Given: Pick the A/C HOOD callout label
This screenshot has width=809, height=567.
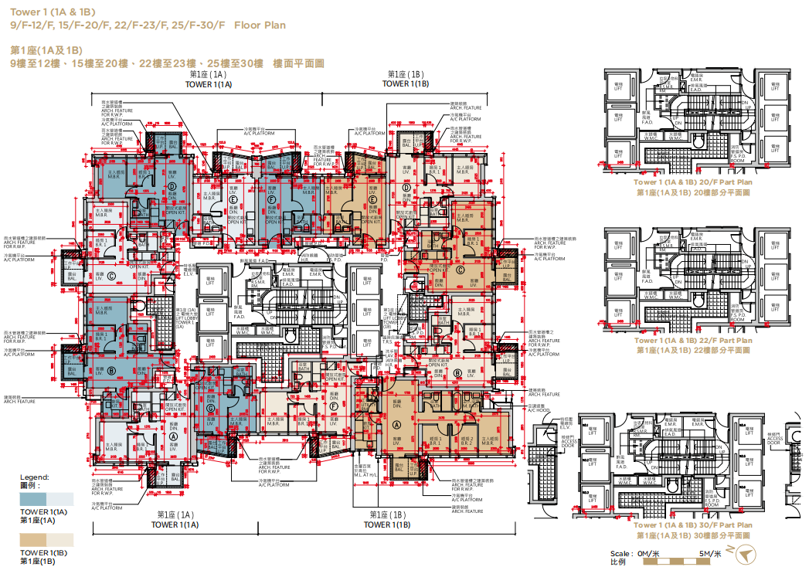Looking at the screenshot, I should pos(539,410).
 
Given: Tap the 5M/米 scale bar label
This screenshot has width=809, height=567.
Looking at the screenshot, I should pos(710,553).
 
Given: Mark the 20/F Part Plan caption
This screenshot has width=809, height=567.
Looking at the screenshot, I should pos(692,182).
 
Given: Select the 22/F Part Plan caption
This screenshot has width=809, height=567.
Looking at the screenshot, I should pos(692,340).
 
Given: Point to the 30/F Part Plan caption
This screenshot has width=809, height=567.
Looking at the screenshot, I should pos(692,525).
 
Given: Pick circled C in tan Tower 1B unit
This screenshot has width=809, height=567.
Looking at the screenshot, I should pos(461,269).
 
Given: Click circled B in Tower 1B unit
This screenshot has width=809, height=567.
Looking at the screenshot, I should pos(457,373).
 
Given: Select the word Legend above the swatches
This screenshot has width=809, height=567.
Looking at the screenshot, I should pos(34,477).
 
